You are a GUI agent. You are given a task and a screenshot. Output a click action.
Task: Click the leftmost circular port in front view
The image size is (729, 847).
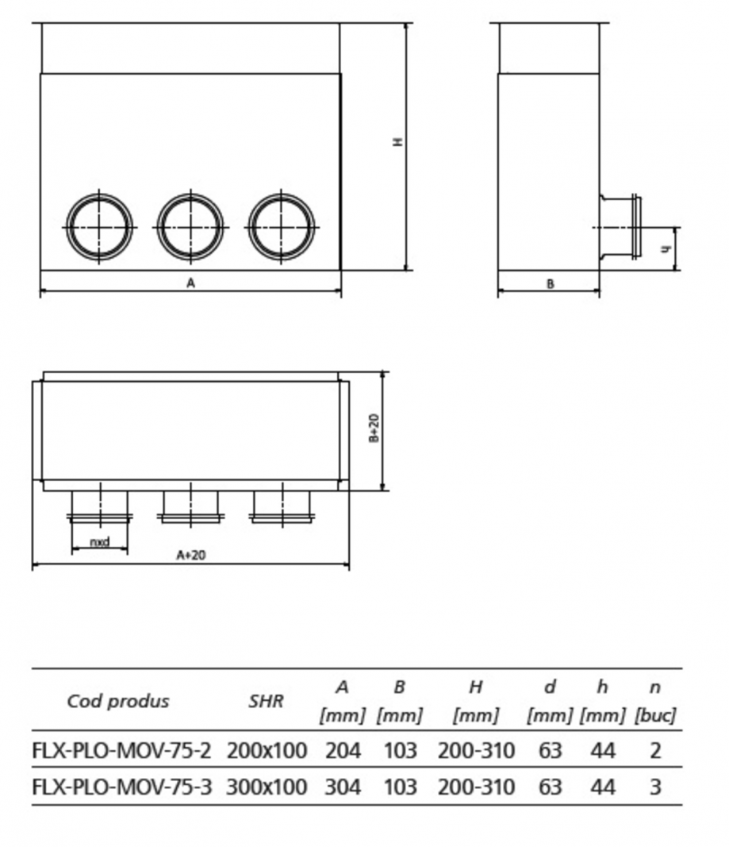point(99,226)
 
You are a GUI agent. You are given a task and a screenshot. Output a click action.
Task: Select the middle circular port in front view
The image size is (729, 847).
point(190,226)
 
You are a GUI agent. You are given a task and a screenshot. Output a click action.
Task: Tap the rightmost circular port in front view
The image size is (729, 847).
point(282,226)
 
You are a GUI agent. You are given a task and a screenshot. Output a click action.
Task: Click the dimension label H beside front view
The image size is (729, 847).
point(398,142)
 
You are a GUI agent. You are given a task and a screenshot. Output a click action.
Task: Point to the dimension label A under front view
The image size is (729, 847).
point(190,283)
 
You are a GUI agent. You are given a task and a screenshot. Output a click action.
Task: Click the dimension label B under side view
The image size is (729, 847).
point(550,284)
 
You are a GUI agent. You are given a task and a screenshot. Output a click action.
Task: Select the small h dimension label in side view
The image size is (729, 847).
point(667,249)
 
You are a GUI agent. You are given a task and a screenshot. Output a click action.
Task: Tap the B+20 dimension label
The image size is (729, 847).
point(374,429)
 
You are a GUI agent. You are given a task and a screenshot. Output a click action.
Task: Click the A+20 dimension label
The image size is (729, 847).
point(190,555)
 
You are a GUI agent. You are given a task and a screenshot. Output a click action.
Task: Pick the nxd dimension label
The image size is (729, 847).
point(99,543)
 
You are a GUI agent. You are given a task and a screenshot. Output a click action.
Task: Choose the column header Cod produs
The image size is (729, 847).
point(118,701)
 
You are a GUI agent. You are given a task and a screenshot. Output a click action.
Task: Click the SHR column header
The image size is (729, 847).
point(267,701)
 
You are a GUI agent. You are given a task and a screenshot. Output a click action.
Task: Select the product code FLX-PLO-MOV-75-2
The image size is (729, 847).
point(122,750)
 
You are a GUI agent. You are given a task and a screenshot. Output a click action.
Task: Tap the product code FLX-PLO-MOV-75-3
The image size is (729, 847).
point(122,787)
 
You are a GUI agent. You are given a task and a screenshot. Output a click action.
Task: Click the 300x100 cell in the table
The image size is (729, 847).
point(267,787)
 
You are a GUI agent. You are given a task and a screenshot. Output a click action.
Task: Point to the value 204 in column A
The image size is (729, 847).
point(343,750)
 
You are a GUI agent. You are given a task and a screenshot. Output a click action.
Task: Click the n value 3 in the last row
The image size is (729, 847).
point(655,787)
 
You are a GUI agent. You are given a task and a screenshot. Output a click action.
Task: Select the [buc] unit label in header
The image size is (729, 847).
point(655,716)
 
